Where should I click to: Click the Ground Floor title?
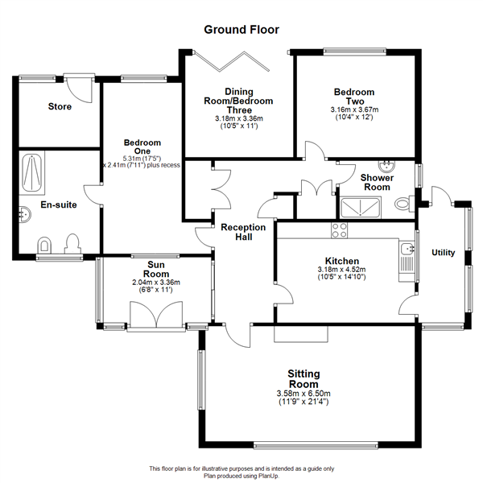point(242,30)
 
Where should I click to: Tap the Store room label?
point(60,106)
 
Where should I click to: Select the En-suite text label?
point(59,205)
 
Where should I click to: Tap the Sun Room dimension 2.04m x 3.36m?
point(156,283)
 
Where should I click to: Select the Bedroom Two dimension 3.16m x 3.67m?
point(355,110)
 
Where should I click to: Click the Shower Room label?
point(377,183)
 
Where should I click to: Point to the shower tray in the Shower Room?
point(362,207)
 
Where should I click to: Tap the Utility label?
point(444,253)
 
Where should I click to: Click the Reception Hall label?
point(243,233)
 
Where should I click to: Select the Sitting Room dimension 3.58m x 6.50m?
point(304,393)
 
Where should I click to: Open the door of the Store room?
point(78,85)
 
